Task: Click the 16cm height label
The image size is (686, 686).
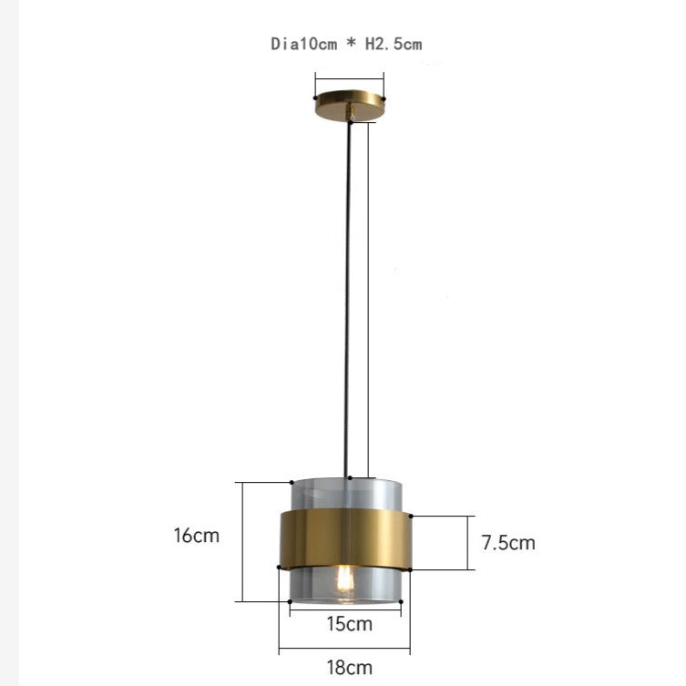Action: click(x=197, y=536)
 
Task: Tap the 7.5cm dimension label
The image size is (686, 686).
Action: click(x=508, y=542)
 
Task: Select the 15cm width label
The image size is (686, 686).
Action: click(x=350, y=624)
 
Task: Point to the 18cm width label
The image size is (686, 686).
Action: click(x=350, y=668)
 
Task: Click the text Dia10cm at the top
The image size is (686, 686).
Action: click(x=304, y=44)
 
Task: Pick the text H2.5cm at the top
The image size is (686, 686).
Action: click(x=394, y=44)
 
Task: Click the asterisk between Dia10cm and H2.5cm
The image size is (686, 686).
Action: click(x=351, y=43)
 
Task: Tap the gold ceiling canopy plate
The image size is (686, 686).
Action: click(x=350, y=105)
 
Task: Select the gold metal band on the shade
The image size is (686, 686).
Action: click(x=345, y=539)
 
